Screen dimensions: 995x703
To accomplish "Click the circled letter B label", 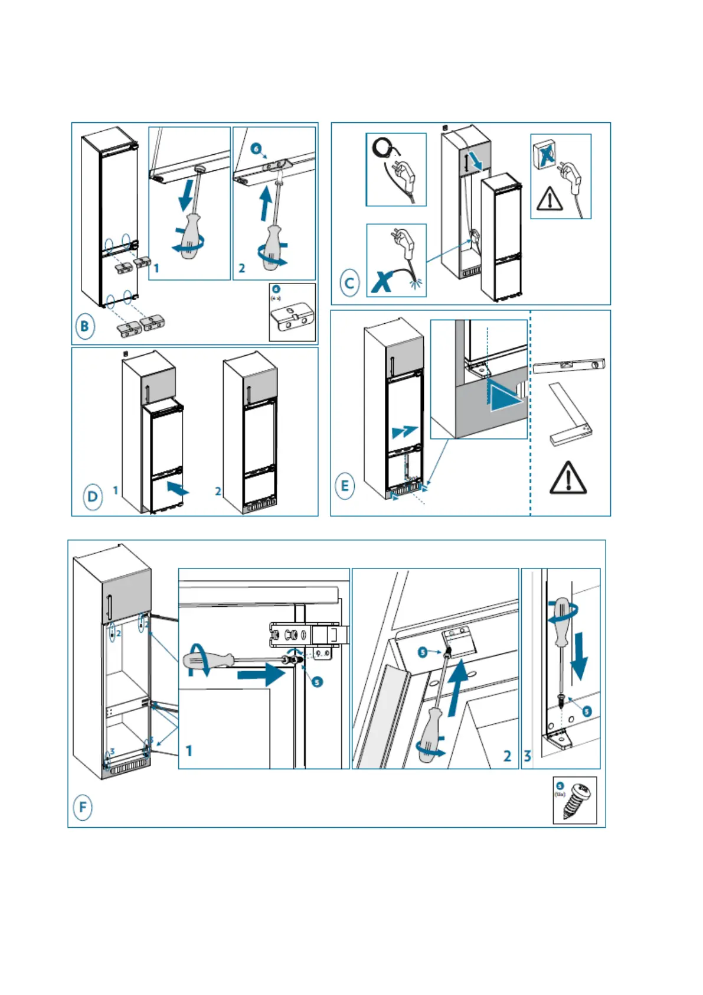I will (x=85, y=327).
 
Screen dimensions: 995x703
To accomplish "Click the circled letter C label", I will (x=350, y=283).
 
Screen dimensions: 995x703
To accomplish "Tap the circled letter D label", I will (x=92, y=496).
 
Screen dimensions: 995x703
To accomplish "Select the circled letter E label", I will (x=345, y=486).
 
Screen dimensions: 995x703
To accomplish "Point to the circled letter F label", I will (x=83, y=807).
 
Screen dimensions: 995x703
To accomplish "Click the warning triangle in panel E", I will (x=568, y=478).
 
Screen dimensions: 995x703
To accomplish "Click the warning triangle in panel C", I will (x=550, y=199).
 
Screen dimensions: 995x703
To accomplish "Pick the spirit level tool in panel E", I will (x=568, y=366).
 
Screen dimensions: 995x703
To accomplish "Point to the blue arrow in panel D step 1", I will (x=178, y=489).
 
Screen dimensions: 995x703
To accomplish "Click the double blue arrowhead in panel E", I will (x=405, y=432).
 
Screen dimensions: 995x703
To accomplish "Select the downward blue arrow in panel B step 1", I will (x=187, y=196).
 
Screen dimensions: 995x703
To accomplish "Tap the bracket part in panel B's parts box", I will (x=292, y=317).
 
